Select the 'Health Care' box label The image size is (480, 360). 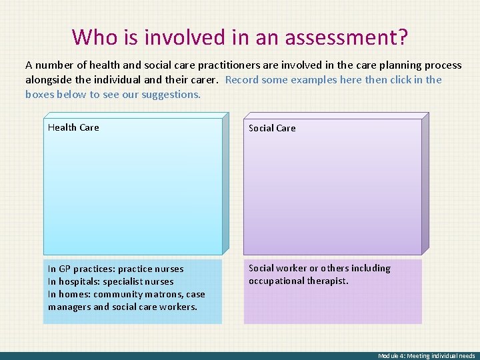[x=73, y=127]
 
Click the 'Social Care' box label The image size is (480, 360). [x=272, y=128]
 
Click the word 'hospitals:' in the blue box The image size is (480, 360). [x=79, y=281]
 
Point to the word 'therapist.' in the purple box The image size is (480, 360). [x=327, y=281]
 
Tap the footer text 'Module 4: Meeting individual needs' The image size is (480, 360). [x=426, y=356]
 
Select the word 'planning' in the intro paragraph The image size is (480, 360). [x=379, y=65]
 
